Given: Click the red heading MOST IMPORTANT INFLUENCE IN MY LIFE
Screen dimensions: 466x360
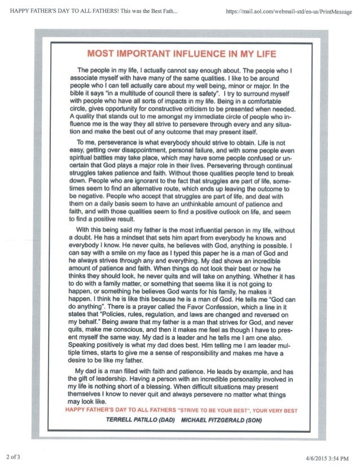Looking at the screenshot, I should (x=179, y=54).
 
